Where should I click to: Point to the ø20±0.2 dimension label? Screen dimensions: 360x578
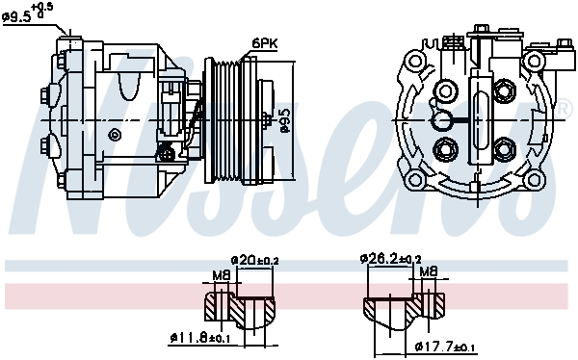coord(255,260)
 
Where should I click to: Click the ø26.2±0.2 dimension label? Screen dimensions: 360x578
coord(390,259)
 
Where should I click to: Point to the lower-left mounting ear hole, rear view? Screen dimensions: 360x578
coord(416,179)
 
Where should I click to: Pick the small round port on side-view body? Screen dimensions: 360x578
coord(116,133)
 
